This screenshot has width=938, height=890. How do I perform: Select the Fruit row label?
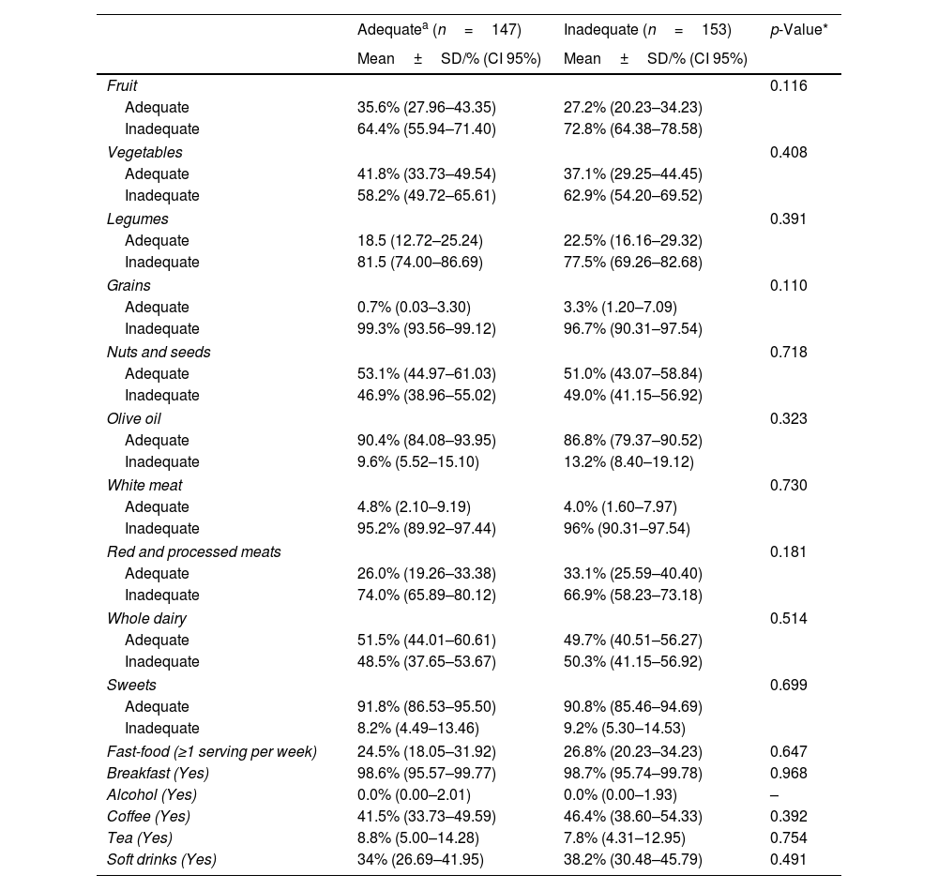click(x=122, y=85)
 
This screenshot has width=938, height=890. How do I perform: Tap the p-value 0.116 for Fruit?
click(x=788, y=85)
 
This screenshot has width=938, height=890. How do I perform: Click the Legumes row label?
click(x=138, y=219)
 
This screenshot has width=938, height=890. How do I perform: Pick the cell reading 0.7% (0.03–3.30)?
click(x=414, y=307)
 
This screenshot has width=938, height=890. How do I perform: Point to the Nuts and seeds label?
click(x=159, y=352)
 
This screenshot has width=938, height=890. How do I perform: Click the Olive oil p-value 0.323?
click(x=788, y=418)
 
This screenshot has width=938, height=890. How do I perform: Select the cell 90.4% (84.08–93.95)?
click(x=427, y=440)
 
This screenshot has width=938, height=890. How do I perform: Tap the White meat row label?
click(x=144, y=485)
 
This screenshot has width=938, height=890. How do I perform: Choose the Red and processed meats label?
click(x=194, y=551)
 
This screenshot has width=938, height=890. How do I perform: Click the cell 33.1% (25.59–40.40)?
click(x=633, y=573)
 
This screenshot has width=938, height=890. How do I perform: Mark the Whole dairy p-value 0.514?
click(x=788, y=618)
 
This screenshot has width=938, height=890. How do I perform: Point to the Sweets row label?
click(x=131, y=685)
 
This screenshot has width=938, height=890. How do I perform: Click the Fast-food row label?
click(x=212, y=751)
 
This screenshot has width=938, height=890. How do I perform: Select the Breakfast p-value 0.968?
click(x=788, y=773)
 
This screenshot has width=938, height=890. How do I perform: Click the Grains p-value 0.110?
click(x=788, y=285)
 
